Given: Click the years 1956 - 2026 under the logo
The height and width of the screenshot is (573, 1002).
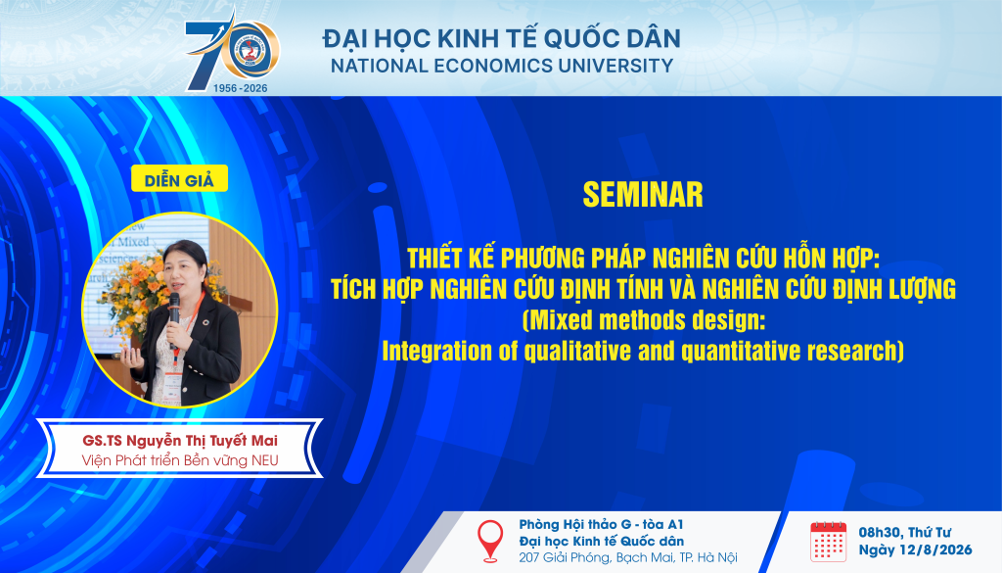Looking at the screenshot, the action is tap(241, 88).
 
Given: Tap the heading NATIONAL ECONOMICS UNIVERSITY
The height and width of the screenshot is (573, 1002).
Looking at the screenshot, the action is tap(502, 66).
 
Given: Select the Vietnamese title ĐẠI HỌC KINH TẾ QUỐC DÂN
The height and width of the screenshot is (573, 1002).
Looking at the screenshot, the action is tap(502, 38).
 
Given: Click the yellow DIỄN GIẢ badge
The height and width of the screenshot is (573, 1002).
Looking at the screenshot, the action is tap(180, 179).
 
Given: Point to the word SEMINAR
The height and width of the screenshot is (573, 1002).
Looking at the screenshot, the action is tap(643, 195).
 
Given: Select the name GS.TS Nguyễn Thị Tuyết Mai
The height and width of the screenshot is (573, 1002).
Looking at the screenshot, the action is tap(180, 441).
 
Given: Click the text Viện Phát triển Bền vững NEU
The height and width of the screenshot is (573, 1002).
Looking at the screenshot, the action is tap(180, 460).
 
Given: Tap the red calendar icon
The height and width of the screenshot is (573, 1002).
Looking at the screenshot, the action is tap(828, 542).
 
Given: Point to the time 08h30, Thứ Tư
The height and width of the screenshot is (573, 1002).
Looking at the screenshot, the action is tap(905, 532).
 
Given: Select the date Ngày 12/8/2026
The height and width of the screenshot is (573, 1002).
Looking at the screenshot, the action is tap(915, 549).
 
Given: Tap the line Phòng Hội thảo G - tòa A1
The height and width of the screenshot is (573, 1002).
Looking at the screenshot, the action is tap(602, 524).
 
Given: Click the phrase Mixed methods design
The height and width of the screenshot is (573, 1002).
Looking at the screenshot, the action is tap(645, 319).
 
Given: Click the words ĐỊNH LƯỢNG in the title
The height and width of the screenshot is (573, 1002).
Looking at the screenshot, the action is tap(892, 289).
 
